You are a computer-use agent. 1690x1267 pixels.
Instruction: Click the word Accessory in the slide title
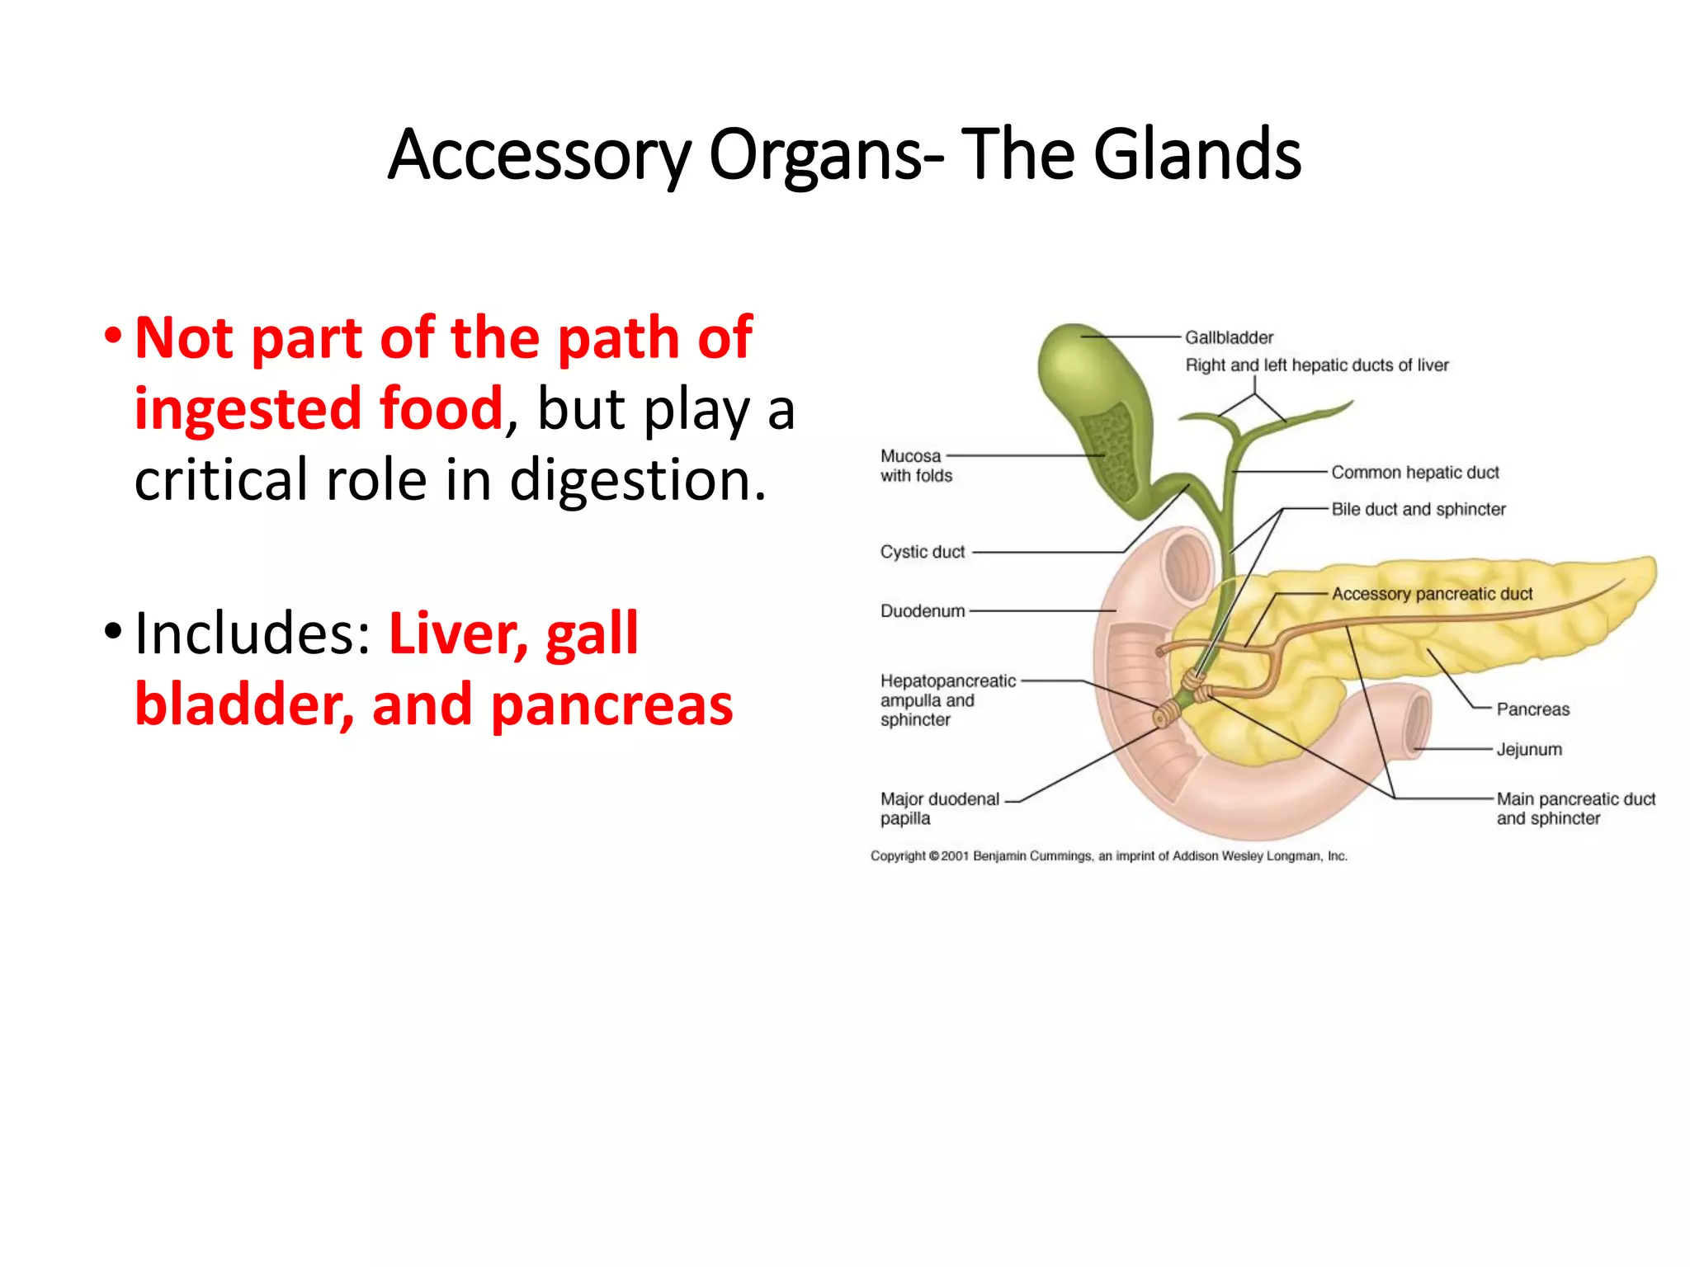[x=539, y=154]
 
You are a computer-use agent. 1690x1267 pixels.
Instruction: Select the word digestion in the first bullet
[x=638, y=480]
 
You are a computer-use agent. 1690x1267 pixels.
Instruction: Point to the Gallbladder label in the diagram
[x=1229, y=337]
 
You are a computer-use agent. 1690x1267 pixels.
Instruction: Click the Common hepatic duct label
[x=1414, y=473]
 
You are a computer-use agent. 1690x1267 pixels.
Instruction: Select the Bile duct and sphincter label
[x=1418, y=510]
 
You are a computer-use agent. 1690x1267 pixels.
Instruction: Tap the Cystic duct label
[x=922, y=552]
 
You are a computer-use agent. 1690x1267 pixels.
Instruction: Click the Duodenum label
[x=922, y=611]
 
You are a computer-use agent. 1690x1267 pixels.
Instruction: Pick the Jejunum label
[x=1528, y=750]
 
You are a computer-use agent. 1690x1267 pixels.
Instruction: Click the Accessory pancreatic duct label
[x=1431, y=594]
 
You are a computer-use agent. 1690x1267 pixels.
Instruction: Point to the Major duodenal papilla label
[x=938, y=808]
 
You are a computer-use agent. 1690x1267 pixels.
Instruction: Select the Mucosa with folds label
[x=915, y=466]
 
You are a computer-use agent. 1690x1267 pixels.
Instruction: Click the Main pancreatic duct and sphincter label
[x=1574, y=808]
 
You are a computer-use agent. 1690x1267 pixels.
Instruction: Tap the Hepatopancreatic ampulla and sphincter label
[x=946, y=700]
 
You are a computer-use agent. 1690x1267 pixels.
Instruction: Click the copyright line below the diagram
[x=1108, y=856]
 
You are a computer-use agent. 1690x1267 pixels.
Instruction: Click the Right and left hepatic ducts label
[x=1316, y=365]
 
